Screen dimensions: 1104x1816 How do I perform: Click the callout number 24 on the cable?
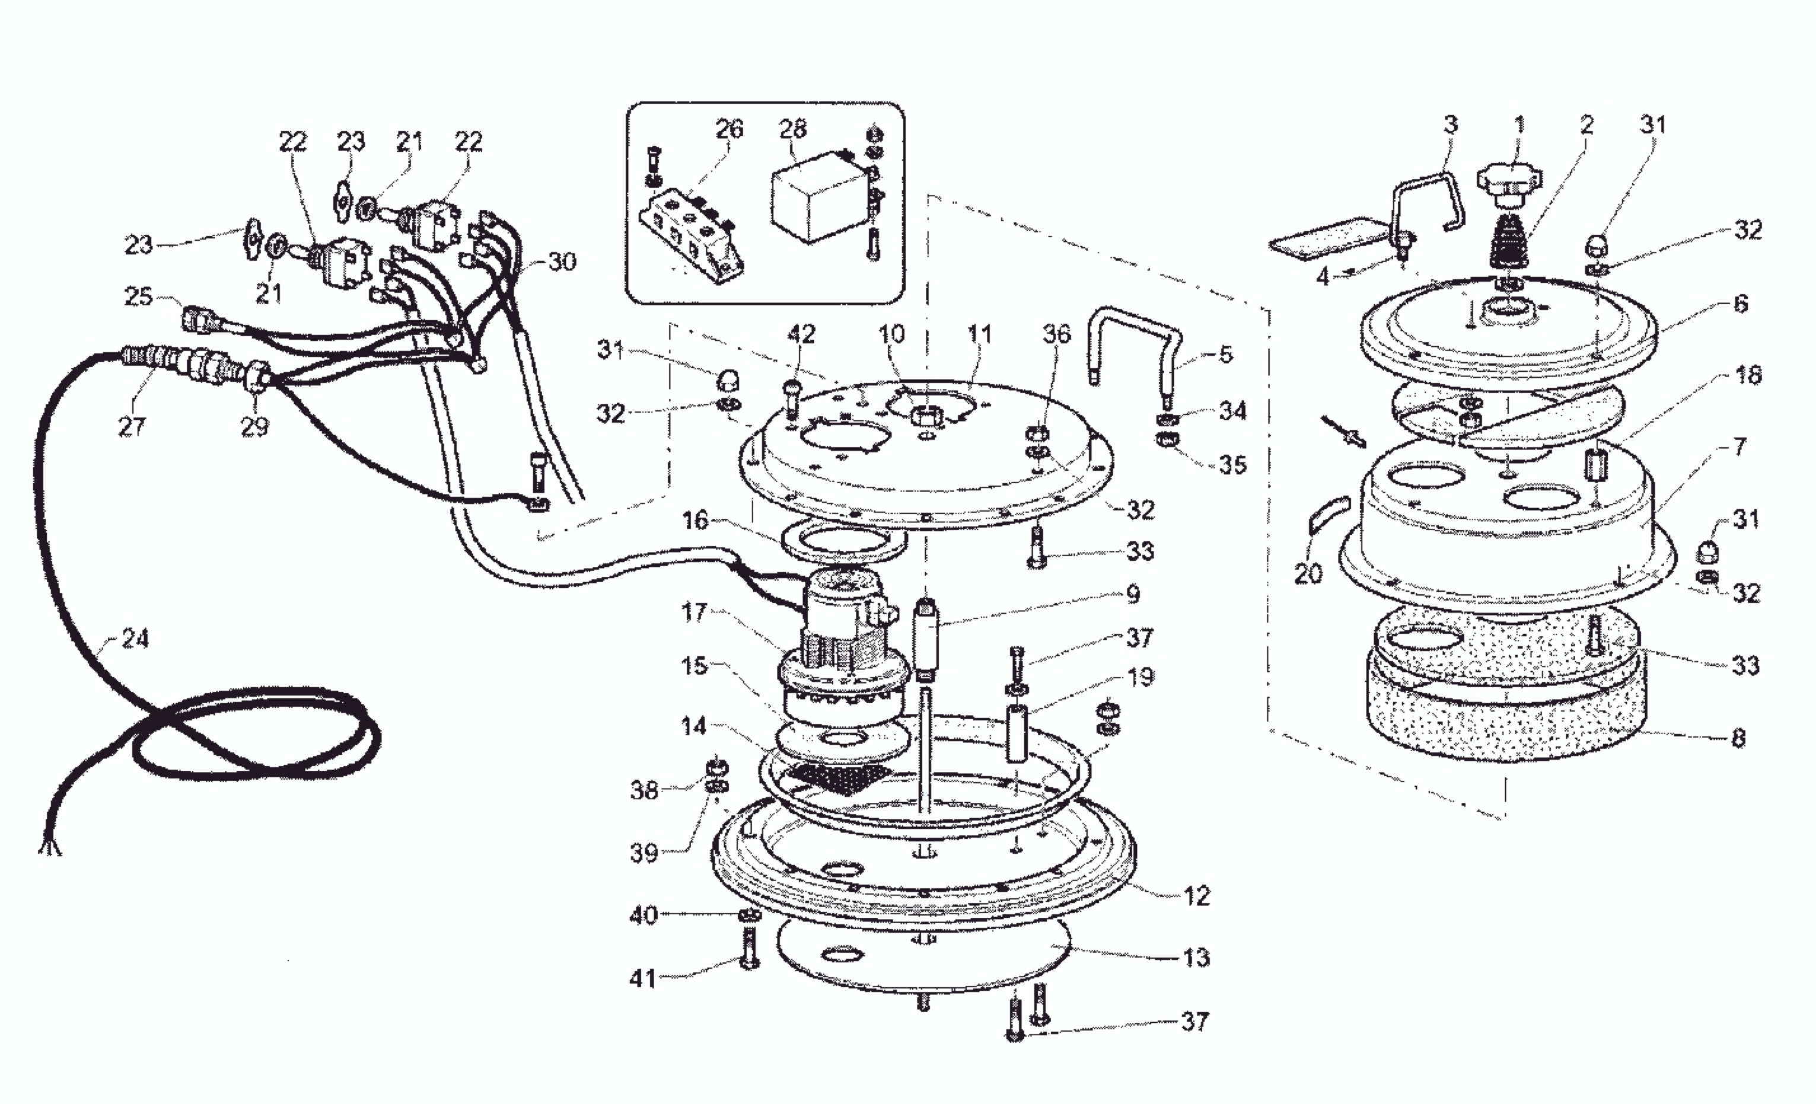134,638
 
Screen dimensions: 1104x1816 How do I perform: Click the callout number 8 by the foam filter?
1739,738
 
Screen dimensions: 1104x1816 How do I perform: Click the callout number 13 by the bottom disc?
1196,958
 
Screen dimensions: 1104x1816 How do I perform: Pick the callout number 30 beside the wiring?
562,261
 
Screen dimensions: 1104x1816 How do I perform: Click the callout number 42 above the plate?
801,334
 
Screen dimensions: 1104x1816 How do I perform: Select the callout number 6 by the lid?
1740,304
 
